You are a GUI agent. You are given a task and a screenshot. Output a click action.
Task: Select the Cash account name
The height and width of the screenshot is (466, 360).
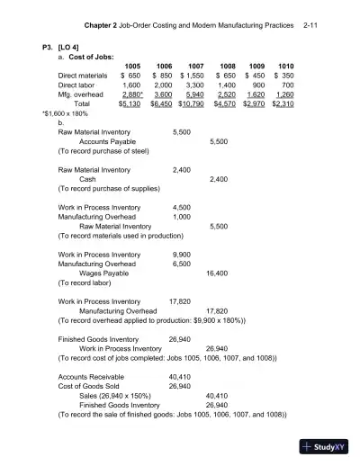88,179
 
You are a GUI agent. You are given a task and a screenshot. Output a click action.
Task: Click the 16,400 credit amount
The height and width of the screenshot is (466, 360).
216,272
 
